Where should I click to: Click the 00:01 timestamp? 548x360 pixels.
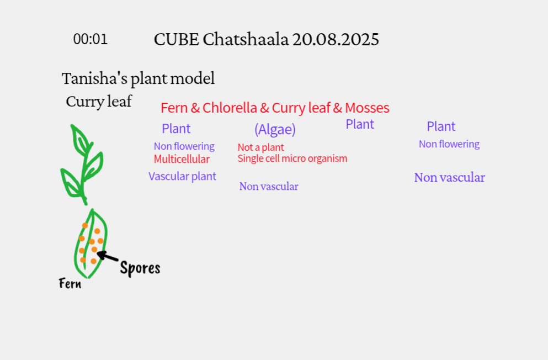click(x=91, y=39)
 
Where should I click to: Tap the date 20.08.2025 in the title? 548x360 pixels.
click(x=336, y=39)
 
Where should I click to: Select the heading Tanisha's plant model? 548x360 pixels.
click(x=138, y=78)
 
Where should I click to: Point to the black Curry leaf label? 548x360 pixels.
click(x=99, y=102)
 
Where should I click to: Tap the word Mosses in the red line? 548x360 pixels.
click(x=367, y=108)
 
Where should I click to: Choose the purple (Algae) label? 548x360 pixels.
click(x=275, y=129)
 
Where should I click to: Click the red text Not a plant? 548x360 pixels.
click(x=260, y=147)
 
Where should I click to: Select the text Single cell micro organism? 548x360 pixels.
click(x=292, y=158)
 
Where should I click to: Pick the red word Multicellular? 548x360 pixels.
click(x=182, y=159)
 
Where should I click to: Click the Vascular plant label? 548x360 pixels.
click(x=183, y=176)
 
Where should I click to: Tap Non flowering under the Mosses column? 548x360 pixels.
click(x=449, y=144)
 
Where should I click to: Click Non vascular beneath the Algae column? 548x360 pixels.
click(x=269, y=186)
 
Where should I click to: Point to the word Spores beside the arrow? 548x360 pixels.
click(x=140, y=268)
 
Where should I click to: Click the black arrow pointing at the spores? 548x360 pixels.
click(x=108, y=257)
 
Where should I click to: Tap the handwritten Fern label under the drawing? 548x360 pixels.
click(x=70, y=283)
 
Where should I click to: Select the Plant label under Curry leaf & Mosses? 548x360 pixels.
click(x=360, y=124)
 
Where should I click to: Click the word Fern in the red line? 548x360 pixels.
click(x=174, y=108)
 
